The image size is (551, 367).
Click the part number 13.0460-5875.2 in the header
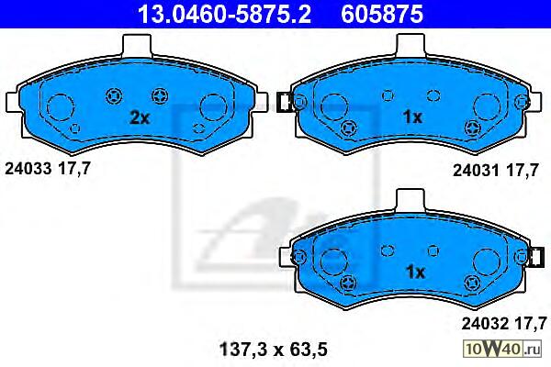coord(224,14)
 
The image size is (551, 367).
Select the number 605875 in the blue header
coord(382,14)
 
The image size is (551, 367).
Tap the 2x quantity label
coord(140,117)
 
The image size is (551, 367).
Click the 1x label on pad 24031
coord(412,117)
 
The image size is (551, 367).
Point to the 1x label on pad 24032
coord(415,272)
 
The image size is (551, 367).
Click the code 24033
coord(28,169)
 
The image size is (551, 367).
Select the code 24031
coord(476,171)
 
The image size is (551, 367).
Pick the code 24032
coord(485,324)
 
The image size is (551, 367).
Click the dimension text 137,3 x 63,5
coord(274,350)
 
